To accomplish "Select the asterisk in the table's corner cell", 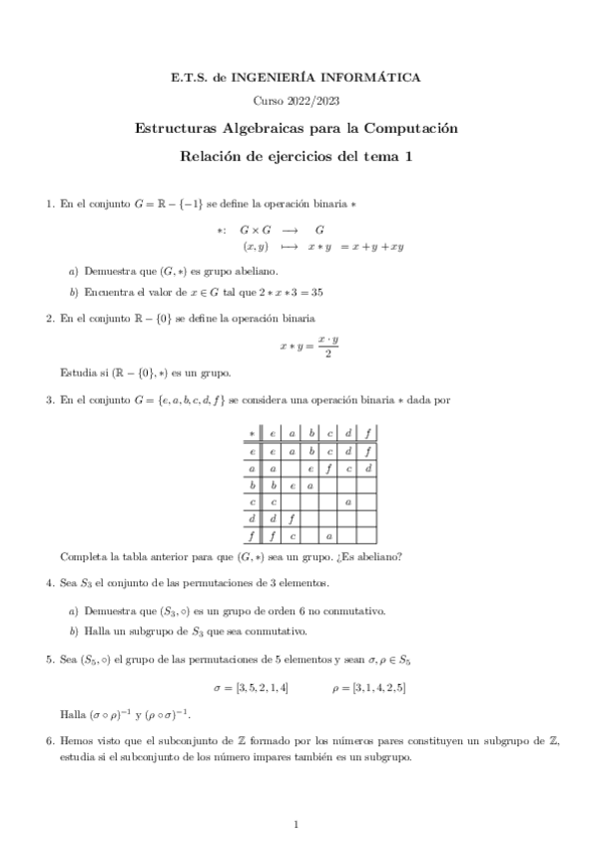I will (252, 432).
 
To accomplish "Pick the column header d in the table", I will (347, 432).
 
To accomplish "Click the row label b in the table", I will (252, 484).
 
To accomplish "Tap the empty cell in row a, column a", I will (291, 467).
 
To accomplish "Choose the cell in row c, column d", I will (347, 501).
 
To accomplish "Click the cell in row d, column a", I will (291, 519).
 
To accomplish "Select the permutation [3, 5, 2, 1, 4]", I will (251, 687).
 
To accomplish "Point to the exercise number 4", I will (50, 582).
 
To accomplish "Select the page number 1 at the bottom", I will (298, 824).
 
